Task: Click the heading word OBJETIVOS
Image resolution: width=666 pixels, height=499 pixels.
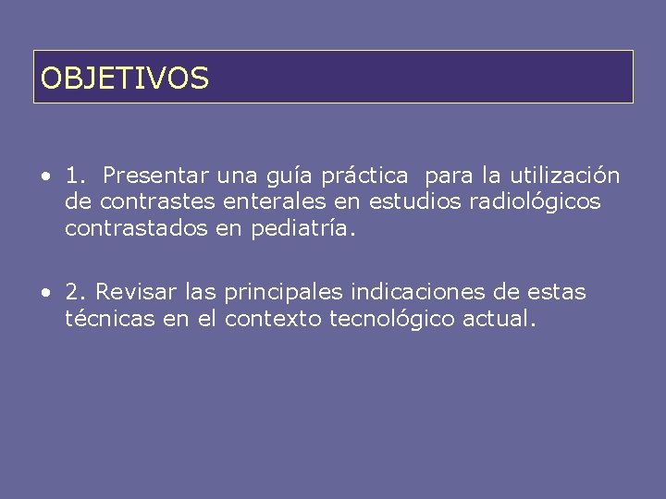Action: [x=125, y=79]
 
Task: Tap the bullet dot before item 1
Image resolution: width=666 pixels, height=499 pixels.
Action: [x=44, y=176]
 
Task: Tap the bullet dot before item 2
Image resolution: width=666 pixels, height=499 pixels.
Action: [x=44, y=294]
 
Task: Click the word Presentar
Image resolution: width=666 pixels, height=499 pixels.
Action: [x=156, y=176]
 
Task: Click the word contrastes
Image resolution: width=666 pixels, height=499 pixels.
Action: [x=158, y=201]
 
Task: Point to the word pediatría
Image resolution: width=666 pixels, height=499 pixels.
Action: [x=302, y=228]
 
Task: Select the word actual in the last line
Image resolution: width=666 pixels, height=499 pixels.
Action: [x=502, y=319]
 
